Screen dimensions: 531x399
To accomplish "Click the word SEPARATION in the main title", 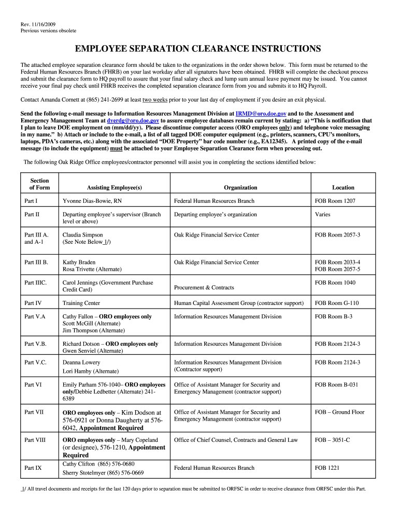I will point(164,49).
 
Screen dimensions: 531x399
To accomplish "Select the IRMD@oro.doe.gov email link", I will point(261,113).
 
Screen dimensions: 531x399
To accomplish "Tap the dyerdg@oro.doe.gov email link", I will point(133,120).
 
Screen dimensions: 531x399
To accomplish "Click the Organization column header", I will point(240,187).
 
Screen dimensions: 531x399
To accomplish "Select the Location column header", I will point(343,187).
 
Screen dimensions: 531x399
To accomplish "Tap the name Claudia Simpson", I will point(82,235).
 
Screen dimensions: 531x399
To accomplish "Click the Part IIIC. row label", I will point(36,283).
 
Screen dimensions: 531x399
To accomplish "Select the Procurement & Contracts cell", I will point(204,287).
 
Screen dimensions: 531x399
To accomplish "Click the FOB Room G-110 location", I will point(336,303).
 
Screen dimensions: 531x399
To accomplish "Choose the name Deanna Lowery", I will point(81,362).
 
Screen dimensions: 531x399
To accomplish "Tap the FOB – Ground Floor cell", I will point(339,412).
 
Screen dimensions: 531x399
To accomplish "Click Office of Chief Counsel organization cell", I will point(236,440).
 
